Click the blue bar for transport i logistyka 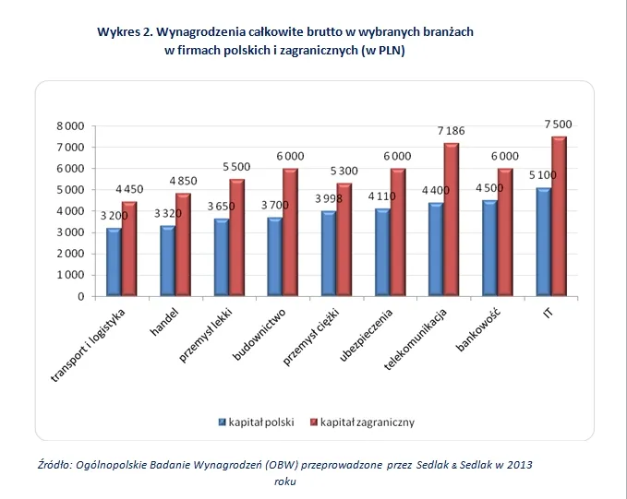(114, 262)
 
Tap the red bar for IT (559, 216)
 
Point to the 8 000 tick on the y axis (70, 126)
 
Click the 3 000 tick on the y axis (70, 232)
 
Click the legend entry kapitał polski (256, 422)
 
